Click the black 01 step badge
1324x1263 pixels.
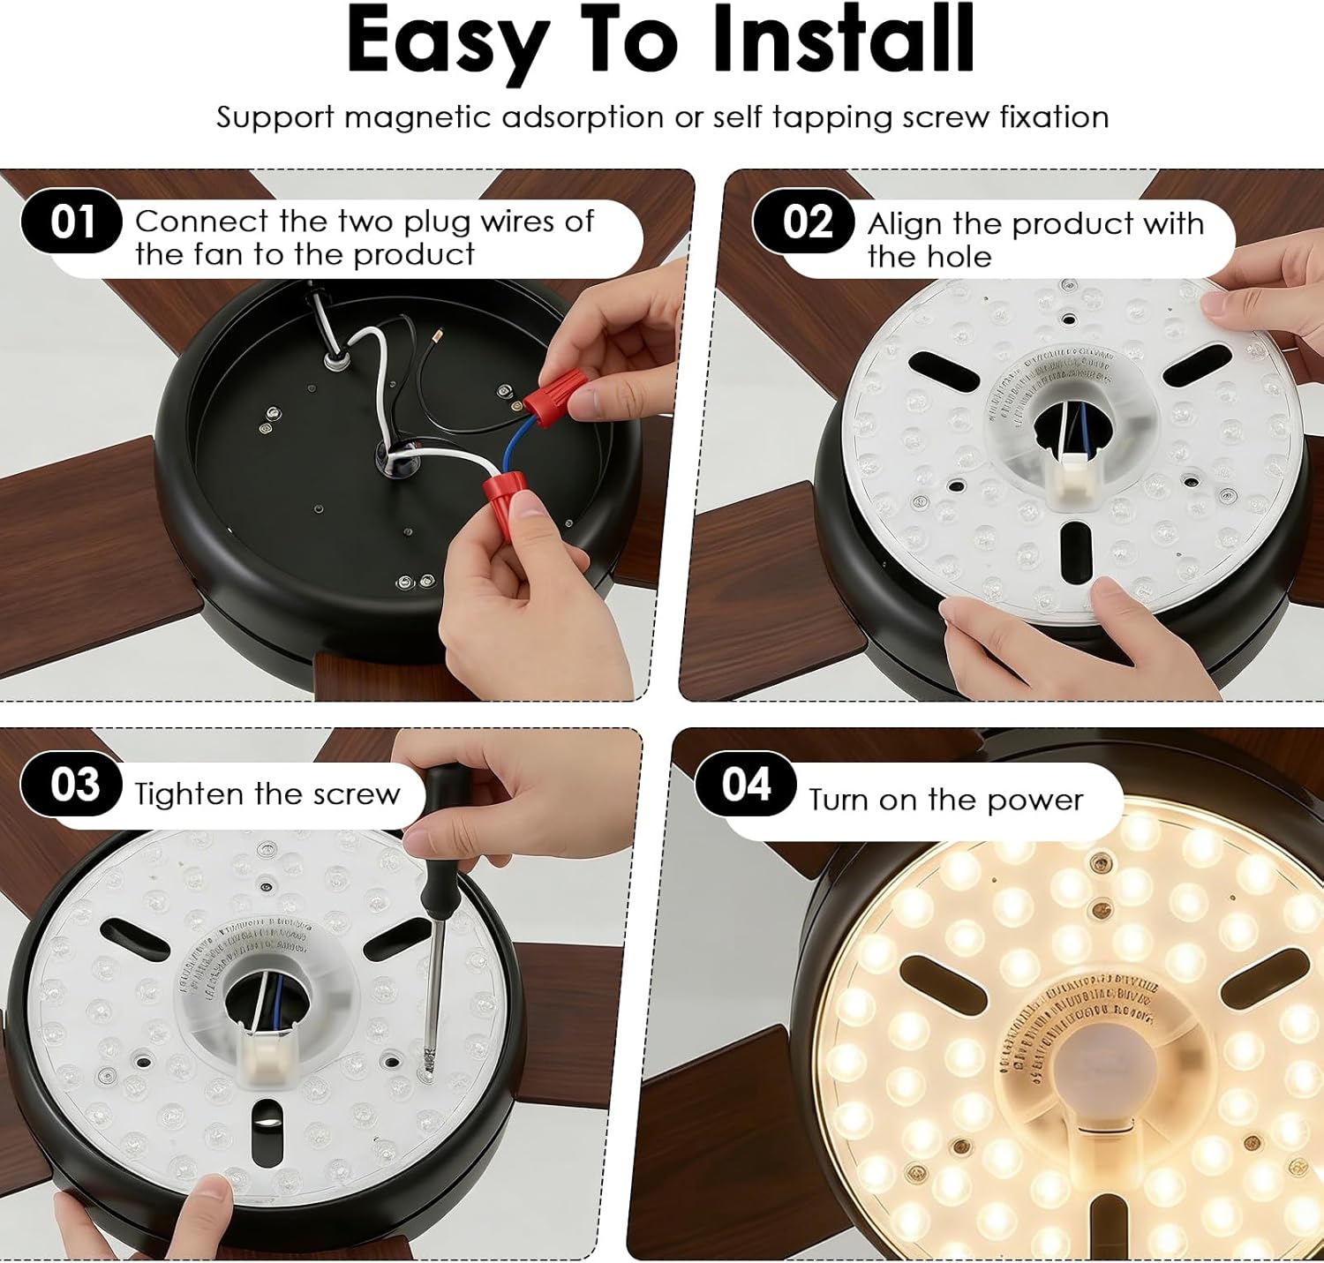(x=71, y=222)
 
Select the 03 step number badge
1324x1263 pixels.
(x=72, y=784)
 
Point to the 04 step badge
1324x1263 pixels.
(x=746, y=784)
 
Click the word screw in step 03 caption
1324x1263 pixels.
(x=357, y=794)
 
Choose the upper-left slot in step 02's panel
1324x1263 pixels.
(x=943, y=371)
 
